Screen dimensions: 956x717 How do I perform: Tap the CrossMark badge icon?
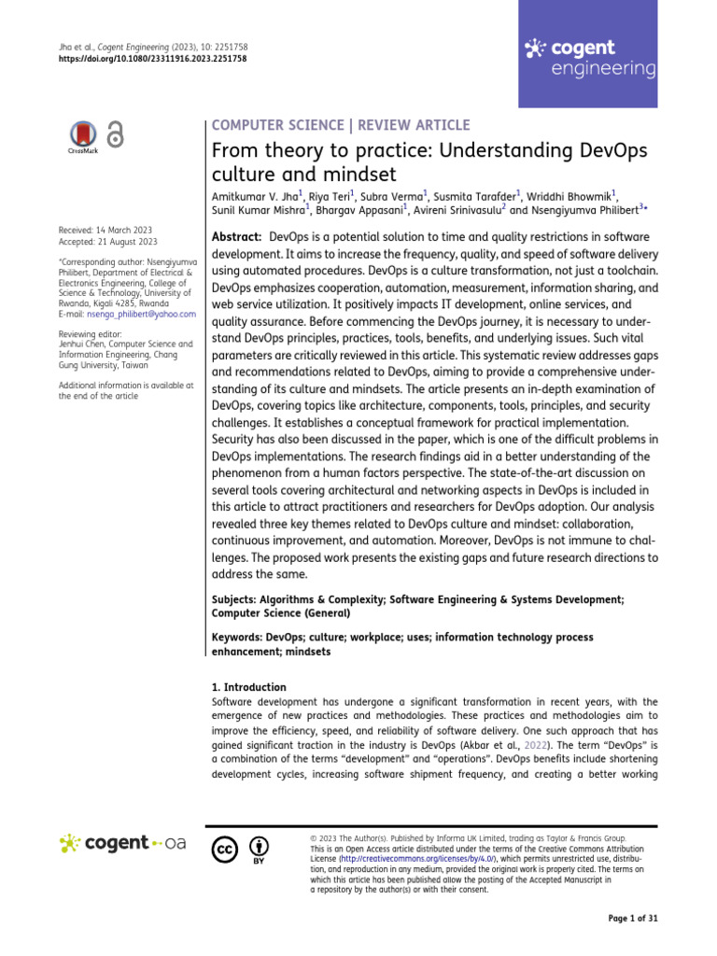click(x=83, y=136)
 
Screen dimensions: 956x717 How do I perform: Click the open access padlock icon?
click(x=115, y=135)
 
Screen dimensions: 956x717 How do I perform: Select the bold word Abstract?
click(x=237, y=237)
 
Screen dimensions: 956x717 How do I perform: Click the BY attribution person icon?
click(x=259, y=847)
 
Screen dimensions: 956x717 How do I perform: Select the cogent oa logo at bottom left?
click(x=122, y=843)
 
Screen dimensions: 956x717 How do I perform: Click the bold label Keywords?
click(x=237, y=637)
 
